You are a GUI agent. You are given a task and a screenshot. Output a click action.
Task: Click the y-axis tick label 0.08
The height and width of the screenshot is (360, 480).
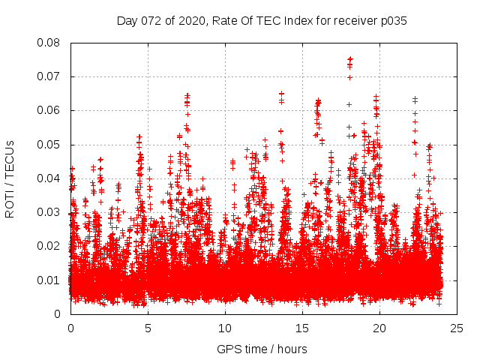pos(49,43)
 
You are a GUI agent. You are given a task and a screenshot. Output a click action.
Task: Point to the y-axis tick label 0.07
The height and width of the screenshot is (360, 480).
pos(49,76)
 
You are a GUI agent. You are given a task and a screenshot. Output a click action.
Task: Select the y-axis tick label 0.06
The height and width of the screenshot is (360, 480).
pos(49,110)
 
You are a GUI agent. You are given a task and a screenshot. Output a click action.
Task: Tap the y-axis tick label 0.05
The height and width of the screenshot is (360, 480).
pos(49,144)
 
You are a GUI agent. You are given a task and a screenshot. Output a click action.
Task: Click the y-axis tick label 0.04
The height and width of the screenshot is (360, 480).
pos(49,178)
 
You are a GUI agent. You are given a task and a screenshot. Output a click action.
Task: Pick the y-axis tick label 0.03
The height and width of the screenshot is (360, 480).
pos(49,212)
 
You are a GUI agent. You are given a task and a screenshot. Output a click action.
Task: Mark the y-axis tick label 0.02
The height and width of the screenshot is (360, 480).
pos(49,246)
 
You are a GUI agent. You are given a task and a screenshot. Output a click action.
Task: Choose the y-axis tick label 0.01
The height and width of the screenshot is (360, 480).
pos(49,280)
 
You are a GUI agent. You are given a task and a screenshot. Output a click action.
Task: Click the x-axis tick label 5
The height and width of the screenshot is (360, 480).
pos(148,328)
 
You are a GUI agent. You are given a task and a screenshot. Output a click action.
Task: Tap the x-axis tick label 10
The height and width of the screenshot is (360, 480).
pos(225,328)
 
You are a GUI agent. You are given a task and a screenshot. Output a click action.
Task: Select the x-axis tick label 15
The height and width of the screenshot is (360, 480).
pos(302,328)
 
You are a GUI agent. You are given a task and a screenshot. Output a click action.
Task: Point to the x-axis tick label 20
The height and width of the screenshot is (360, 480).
pos(379,328)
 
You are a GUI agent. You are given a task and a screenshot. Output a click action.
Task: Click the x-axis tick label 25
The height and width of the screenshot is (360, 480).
pos(457,328)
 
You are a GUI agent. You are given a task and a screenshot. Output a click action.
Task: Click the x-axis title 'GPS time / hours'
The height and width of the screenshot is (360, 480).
pos(262,349)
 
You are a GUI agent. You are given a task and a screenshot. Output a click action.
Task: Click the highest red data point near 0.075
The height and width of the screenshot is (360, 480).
pos(349,59)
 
